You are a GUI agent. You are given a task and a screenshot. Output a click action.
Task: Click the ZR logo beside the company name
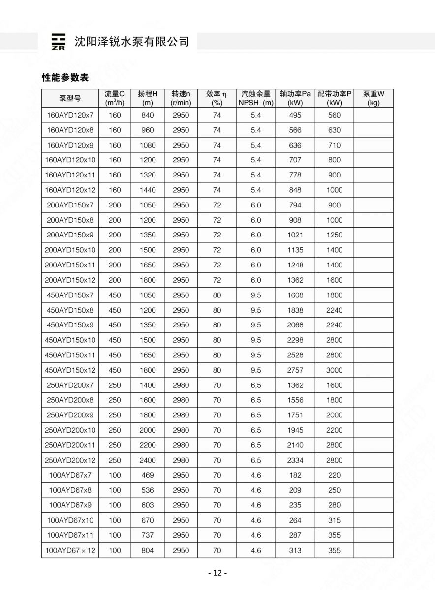pyautogui.click(x=58, y=42)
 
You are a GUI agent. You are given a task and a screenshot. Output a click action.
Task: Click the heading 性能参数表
pyautogui.click(x=65, y=77)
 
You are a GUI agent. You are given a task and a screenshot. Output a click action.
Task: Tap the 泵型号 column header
pyautogui.click(x=70, y=98)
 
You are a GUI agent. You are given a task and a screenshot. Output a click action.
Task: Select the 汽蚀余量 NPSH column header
pyautogui.click(x=255, y=98)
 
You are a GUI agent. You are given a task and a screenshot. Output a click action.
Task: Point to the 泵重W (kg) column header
pyautogui.click(x=373, y=98)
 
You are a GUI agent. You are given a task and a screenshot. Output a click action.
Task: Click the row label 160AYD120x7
pyautogui.click(x=70, y=115)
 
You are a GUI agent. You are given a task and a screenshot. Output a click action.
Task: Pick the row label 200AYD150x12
pyautogui.click(x=70, y=280)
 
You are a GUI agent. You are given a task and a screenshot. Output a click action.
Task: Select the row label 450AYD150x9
pyautogui.click(x=70, y=325)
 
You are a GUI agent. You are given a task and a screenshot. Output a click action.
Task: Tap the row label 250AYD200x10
pyautogui.click(x=70, y=430)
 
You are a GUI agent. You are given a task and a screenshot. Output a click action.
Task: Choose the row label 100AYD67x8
pyautogui.click(x=70, y=490)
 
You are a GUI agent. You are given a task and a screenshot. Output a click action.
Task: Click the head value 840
pyautogui.click(x=148, y=115)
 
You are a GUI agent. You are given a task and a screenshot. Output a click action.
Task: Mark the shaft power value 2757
pyautogui.click(x=295, y=370)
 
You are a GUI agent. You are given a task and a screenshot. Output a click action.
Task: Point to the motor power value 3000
pyautogui.click(x=334, y=370)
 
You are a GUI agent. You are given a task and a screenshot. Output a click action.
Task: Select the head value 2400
pyautogui.click(x=148, y=460)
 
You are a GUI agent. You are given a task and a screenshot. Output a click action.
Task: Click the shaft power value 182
pyautogui.click(x=295, y=475)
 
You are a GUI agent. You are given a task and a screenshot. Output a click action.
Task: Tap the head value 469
pyautogui.click(x=148, y=475)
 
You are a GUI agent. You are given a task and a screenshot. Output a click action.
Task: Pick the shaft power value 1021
pyautogui.click(x=295, y=235)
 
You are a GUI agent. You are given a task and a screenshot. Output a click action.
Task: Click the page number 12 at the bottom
pyautogui.click(x=217, y=573)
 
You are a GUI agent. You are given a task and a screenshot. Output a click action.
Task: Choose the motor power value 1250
pyautogui.click(x=334, y=235)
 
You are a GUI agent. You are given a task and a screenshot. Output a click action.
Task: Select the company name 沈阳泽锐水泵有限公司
pyautogui.click(x=131, y=42)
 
